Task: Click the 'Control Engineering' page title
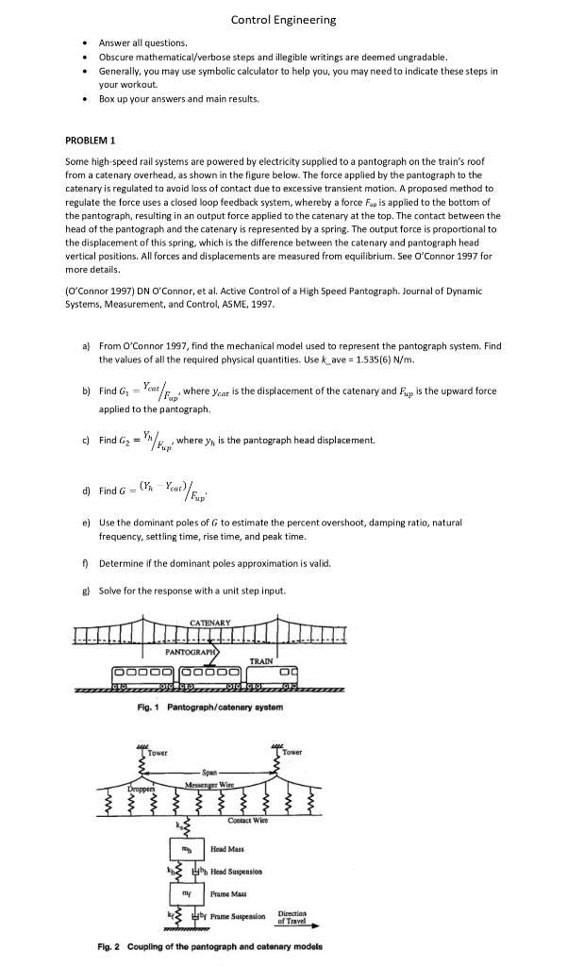pos(283,20)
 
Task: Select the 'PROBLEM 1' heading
pos(91,141)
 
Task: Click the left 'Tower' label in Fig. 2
pos(157,753)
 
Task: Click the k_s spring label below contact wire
pos(178,824)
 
